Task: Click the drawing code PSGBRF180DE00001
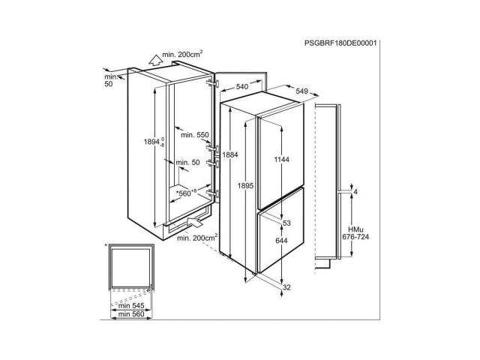click(340, 43)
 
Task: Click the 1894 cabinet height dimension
click(154, 142)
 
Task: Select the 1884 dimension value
click(230, 155)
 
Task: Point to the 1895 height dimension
click(245, 185)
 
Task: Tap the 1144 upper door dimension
click(282, 160)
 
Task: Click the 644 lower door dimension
click(281, 241)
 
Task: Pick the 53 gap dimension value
click(286, 223)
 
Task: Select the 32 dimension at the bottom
click(286, 287)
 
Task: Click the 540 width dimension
click(242, 87)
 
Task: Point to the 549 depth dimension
click(301, 91)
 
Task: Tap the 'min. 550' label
click(195, 135)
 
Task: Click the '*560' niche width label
click(186, 193)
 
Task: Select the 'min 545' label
click(131, 306)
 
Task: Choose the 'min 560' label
click(131, 314)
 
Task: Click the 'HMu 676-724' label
click(355, 233)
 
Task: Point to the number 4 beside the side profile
click(355, 192)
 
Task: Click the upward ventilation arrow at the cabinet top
click(156, 60)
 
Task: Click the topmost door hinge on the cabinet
click(213, 83)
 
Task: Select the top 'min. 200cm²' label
click(182, 54)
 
